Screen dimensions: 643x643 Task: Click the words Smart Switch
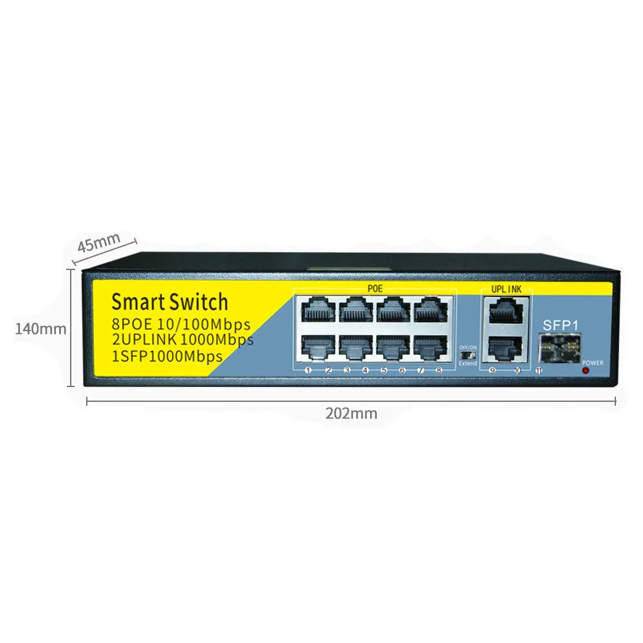point(169,302)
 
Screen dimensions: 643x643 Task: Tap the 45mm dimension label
point(99,244)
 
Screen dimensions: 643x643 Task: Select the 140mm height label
point(41,329)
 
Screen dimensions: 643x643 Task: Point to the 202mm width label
point(351,413)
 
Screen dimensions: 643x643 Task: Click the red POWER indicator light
point(585,371)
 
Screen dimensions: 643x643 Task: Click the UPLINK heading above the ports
point(507,290)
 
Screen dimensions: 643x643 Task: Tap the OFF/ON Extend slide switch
point(468,354)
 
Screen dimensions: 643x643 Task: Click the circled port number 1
point(309,370)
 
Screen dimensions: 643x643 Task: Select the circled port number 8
point(440,370)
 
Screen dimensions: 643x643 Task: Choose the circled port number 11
point(539,370)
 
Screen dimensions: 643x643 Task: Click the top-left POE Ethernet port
point(316,311)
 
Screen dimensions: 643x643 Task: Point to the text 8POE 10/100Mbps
point(181,324)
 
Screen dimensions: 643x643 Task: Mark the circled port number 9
point(493,370)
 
